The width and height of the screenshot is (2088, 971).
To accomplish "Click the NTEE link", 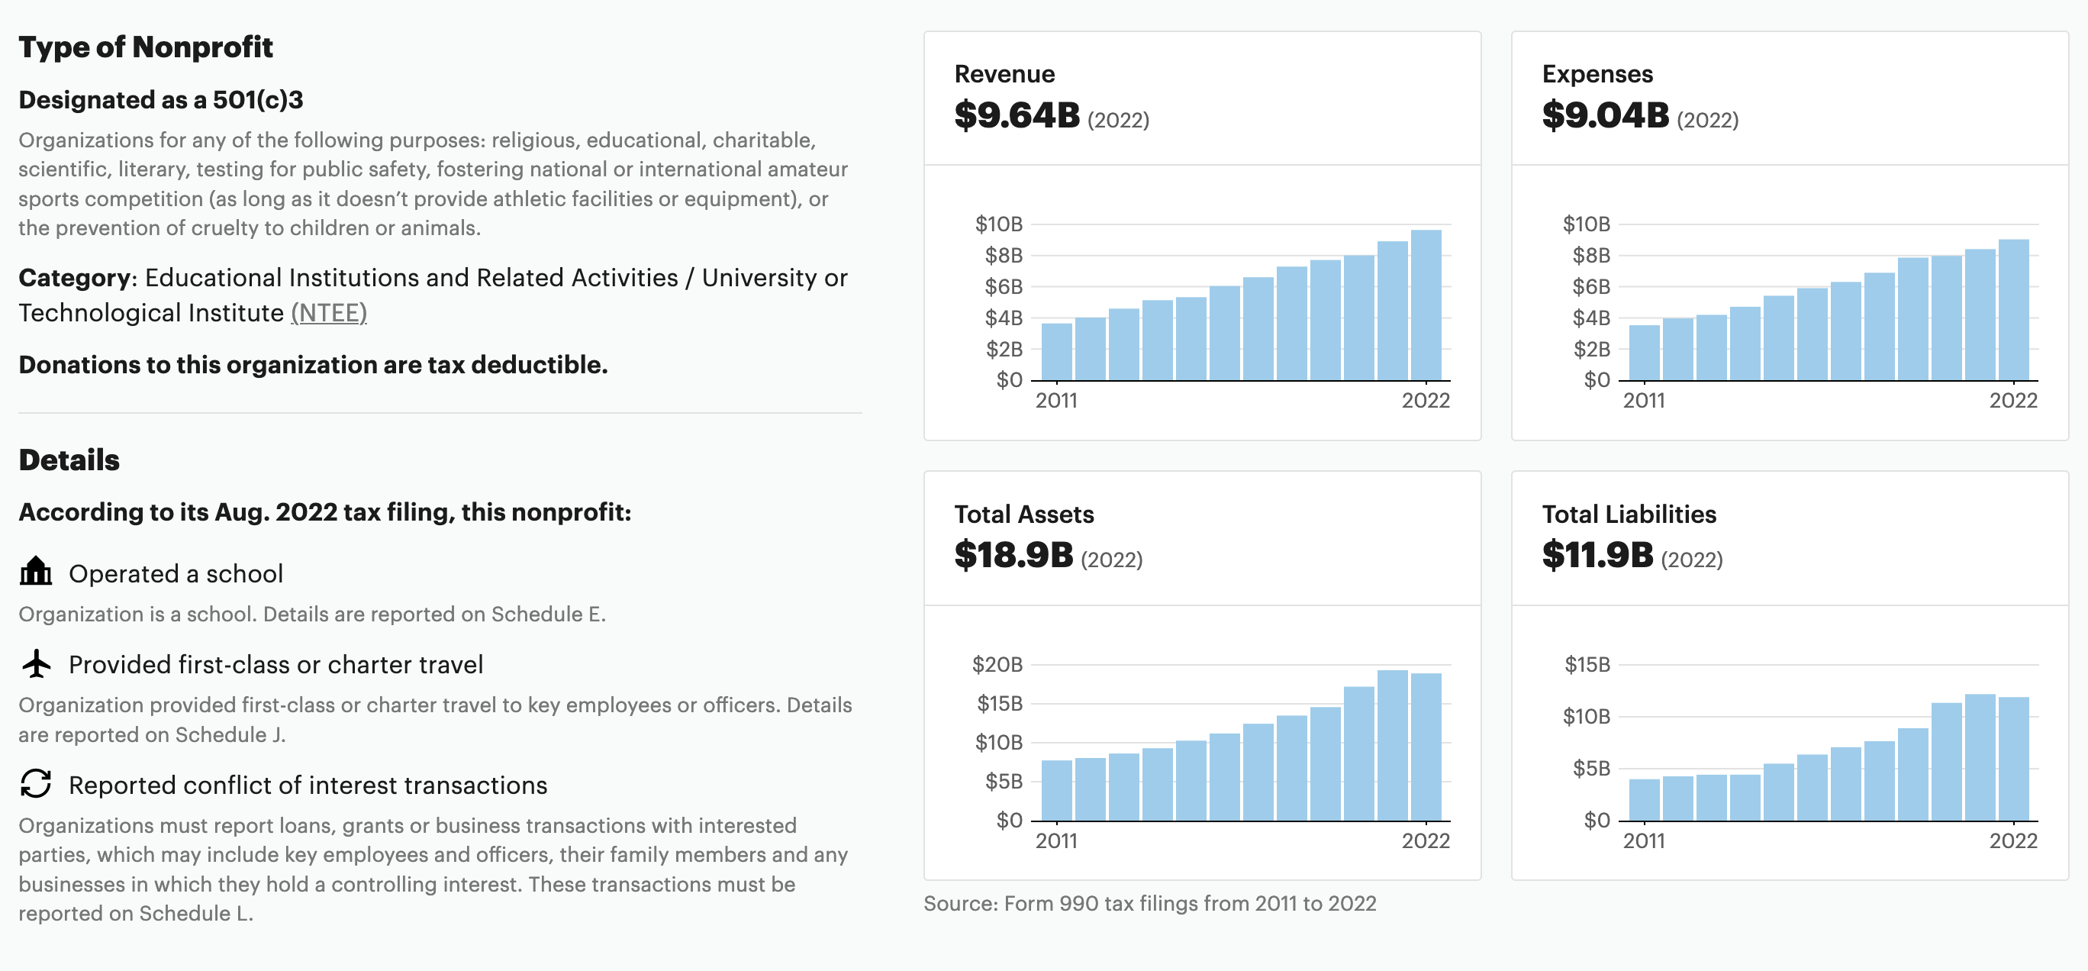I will coord(328,313).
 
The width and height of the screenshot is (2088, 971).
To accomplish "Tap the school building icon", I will coord(36,572).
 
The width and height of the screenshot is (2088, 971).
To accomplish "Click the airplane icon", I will coord(36,664).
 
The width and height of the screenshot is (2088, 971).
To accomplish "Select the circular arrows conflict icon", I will coord(36,784).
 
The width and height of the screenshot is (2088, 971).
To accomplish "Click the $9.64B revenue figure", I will coord(1017,116).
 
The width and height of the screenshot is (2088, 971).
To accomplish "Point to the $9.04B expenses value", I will coord(1605,116).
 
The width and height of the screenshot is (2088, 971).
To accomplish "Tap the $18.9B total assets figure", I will coord(1013,556).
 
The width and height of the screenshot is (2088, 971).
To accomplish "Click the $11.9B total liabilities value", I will coord(1597,556).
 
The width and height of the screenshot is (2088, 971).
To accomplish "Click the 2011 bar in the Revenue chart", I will coord(1056,352).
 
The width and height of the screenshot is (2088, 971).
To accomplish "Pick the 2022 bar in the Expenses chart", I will coord(2013,310).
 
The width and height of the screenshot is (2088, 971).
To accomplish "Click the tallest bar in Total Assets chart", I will coord(1392,745).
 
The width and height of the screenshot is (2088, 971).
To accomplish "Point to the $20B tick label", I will coord(997,665).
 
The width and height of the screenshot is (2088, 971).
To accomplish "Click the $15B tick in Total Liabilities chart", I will coord(1587,665).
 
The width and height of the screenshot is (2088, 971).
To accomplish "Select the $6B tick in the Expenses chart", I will coord(1590,287).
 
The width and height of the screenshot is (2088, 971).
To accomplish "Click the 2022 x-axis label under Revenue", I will coord(1426,401).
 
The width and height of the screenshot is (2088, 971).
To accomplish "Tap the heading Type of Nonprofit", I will coord(146,47).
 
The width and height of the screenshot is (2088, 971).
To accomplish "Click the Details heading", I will coord(69,460).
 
